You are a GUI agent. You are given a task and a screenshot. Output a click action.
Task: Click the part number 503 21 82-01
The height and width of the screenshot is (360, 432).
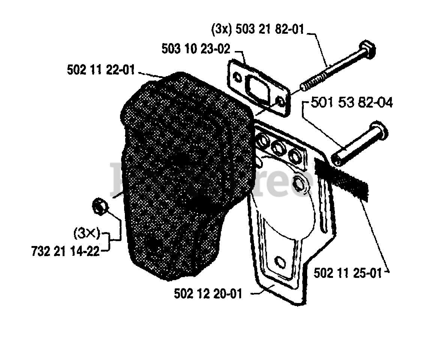(269, 29)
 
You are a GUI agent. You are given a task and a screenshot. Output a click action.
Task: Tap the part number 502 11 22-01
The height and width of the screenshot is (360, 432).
(101, 70)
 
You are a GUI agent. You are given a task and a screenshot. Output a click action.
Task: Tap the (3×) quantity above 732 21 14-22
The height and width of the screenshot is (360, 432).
(87, 235)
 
